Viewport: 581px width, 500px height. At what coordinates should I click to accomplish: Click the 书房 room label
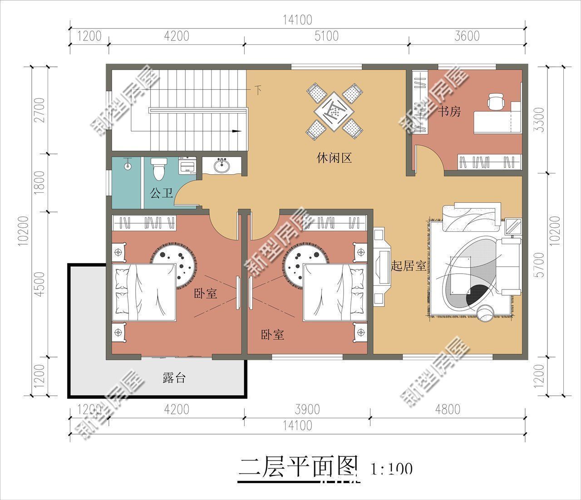[x=449, y=111]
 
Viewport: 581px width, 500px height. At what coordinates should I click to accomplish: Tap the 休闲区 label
[x=334, y=158]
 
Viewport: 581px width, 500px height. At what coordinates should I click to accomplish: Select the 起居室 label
[x=408, y=266]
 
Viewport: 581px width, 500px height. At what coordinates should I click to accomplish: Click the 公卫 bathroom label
[x=161, y=194]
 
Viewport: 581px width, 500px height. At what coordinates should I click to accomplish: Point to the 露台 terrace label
[x=174, y=377]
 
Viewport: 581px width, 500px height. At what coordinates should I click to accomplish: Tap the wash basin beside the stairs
[x=222, y=166]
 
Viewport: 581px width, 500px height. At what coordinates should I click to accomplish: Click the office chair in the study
[x=496, y=101]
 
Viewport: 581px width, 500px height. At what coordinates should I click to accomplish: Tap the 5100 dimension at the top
[x=326, y=36]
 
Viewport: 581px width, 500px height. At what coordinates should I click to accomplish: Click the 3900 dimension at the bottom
[x=307, y=409]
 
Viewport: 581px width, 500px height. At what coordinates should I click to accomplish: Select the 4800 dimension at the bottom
[x=447, y=409]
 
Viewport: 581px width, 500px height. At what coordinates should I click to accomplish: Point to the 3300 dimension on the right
[x=540, y=119]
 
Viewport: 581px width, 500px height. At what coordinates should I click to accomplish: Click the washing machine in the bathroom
[x=188, y=165]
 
